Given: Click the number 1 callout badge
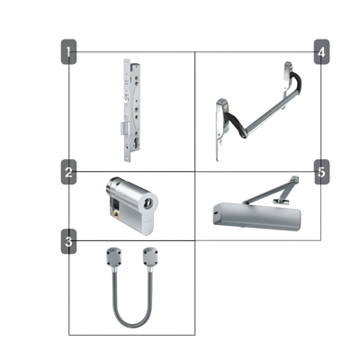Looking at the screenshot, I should tap(69, 52).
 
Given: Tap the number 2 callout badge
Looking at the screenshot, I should tap(69, 172).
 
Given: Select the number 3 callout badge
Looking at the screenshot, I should tap(69, 240).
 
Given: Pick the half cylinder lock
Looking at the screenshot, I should tap(130, 201).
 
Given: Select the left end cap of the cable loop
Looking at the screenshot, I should tap(112, 257).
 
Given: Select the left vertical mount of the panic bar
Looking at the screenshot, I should tap(220, 130).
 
